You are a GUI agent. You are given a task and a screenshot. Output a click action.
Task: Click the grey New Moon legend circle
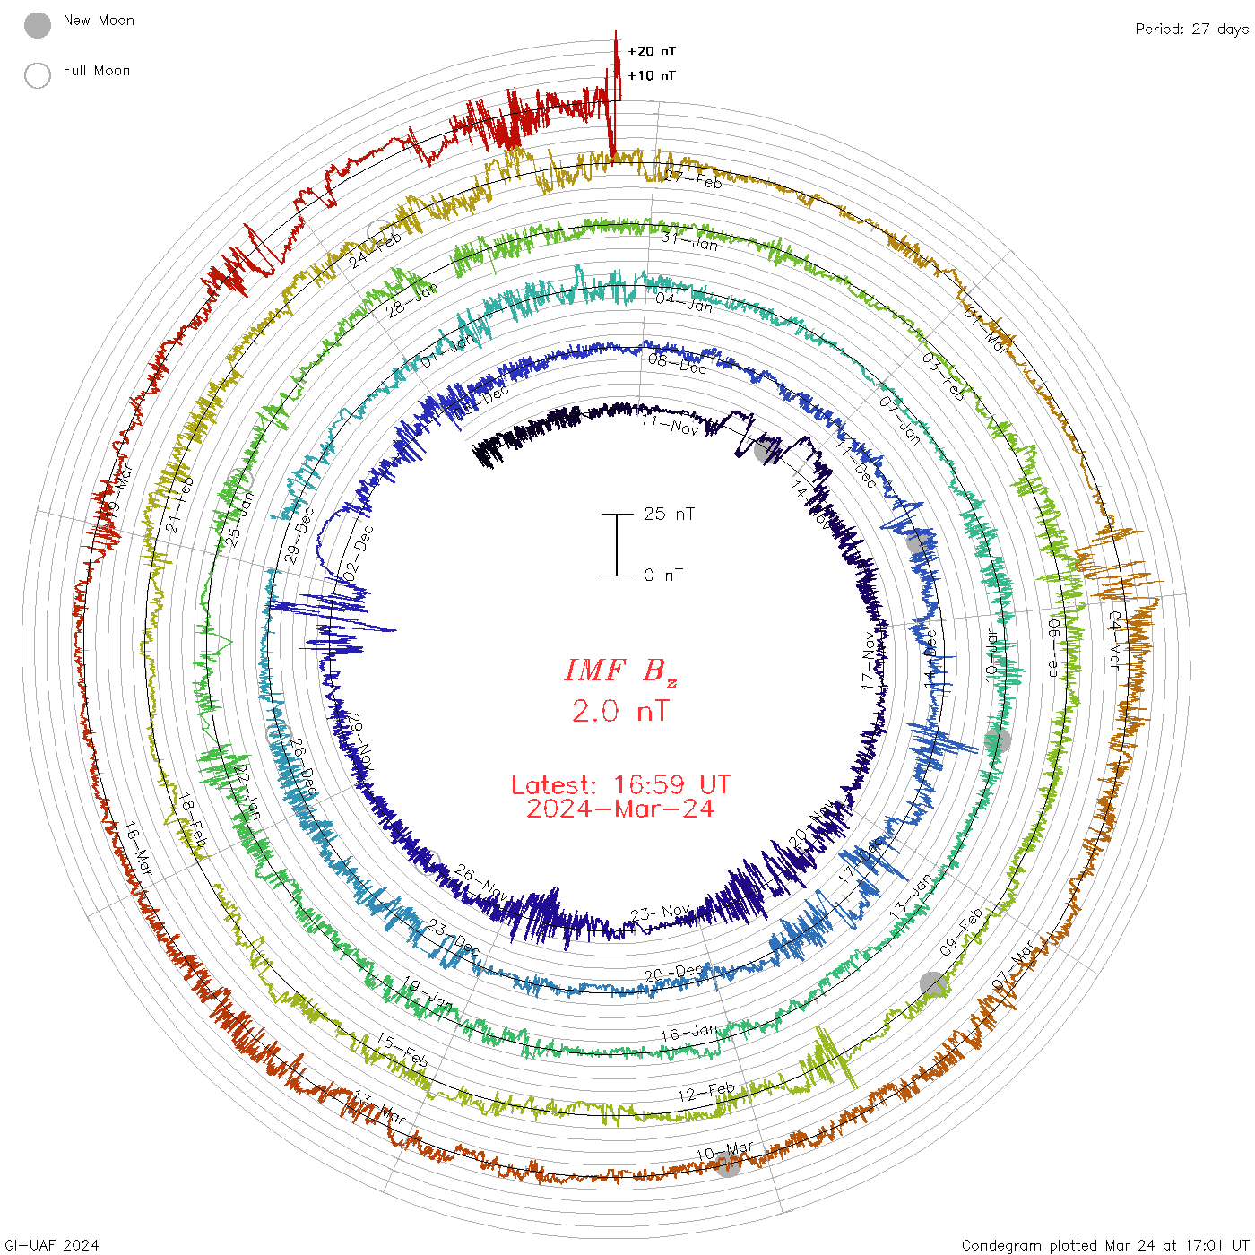[x=38, y=26]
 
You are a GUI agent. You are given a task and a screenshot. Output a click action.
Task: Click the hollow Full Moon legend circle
[x=38, y=75]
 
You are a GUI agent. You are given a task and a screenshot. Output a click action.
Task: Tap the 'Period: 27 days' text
[x=1191, y=30]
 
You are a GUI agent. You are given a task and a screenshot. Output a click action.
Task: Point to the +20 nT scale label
[x=652, y=51]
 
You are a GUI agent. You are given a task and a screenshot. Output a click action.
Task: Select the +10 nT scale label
[x=652, y=75]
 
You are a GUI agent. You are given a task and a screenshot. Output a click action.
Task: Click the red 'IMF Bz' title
[x=620, y=671]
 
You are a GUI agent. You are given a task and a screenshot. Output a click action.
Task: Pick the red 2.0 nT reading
[x=620, y=712]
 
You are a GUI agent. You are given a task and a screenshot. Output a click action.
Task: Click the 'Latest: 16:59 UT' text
[x=620, y=785]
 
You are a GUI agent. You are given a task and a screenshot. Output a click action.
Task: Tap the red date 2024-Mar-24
[x=620, y=809]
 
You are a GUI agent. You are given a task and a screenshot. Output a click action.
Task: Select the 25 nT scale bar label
[x=669, y=515]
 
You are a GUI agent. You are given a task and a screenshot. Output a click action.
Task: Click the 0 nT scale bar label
[x=663, y=576]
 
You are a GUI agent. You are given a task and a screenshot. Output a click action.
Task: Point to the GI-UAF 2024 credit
[x=52, y=1245]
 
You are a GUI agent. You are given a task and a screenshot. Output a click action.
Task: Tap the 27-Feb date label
[x=693, y=177]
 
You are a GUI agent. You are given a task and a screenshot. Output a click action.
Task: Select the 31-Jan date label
[x=689, y=240]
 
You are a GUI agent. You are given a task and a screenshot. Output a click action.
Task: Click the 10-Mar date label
[x=724, y=1151]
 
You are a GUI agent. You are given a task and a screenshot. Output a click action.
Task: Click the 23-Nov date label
[x=661, y=913]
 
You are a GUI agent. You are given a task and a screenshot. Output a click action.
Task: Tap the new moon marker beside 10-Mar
[x=728, y=1165]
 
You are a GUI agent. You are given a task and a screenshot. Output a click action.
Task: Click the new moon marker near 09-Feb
[x=933, y=984]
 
